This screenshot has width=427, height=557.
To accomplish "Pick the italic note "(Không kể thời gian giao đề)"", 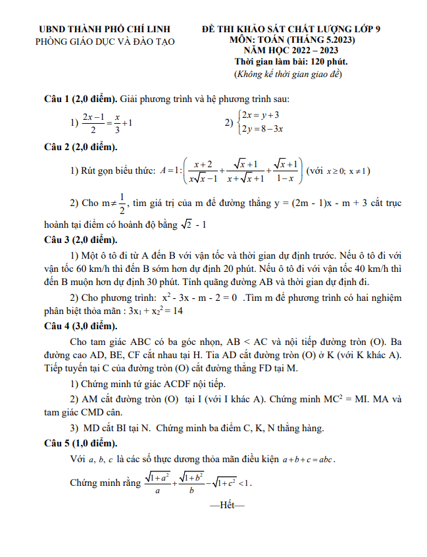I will point(290,74).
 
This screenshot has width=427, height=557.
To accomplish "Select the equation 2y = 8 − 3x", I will point(263,129).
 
